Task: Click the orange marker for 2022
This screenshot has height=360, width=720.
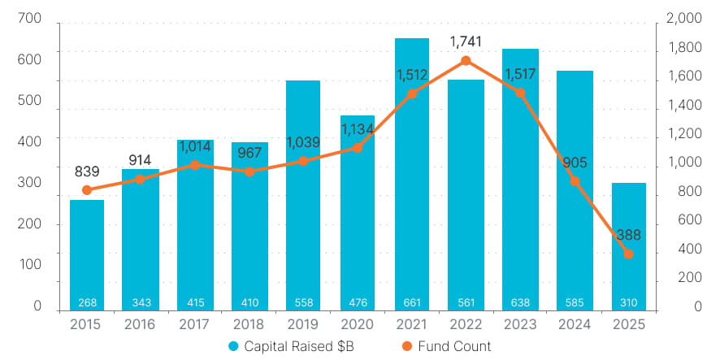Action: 466,61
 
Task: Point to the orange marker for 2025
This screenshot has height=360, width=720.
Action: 629,254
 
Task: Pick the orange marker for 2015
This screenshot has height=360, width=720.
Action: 87,190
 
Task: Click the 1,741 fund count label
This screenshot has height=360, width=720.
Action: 466,41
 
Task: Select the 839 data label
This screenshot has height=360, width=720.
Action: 86,171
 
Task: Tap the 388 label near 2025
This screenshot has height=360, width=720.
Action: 629,235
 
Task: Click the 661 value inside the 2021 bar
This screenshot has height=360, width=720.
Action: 412,303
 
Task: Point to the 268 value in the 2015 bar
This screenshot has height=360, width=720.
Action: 87,303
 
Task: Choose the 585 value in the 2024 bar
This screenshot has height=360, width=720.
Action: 575,303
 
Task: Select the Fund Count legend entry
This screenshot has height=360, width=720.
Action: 447,346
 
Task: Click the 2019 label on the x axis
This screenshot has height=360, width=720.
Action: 303,324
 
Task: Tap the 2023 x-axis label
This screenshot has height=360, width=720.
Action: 520,324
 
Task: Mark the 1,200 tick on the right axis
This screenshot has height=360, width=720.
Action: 684,134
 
